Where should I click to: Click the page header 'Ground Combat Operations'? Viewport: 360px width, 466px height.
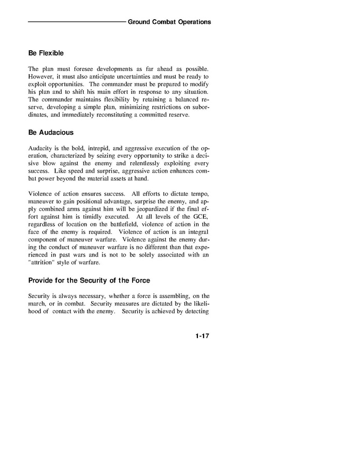tap(169, 22)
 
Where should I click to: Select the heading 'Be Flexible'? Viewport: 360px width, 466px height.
tap(46, 53)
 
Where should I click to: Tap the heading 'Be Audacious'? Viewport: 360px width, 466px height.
tap(51, 132)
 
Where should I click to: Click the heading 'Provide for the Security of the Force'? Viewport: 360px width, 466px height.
tap(89, 280)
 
